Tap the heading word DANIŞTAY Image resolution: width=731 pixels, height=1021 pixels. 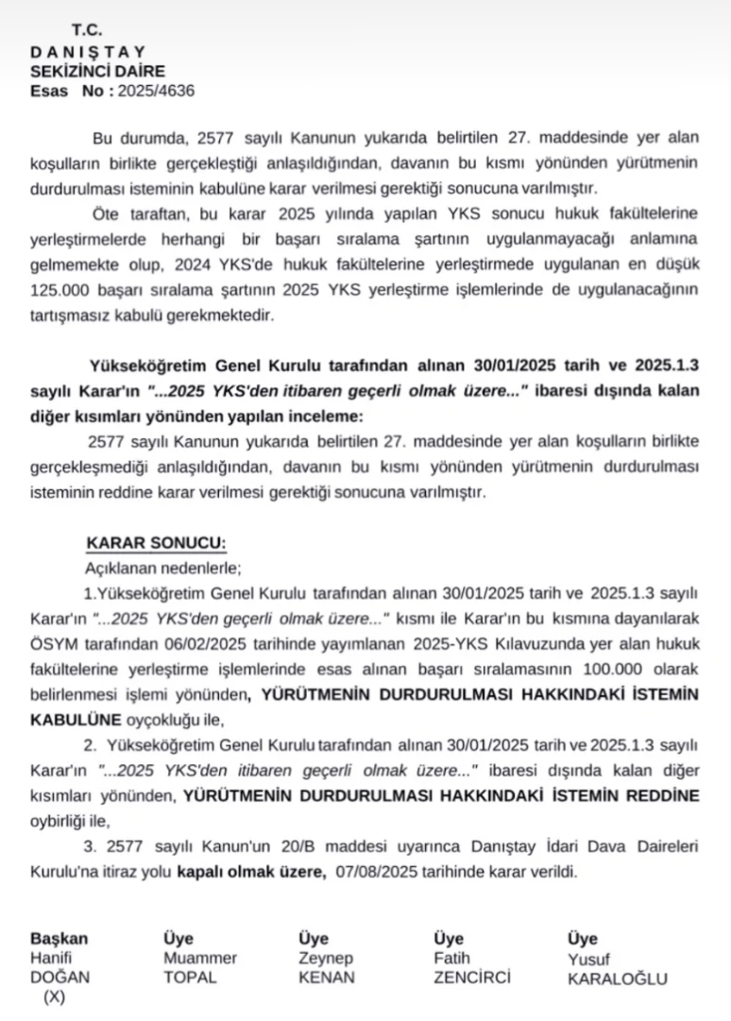[88, 52]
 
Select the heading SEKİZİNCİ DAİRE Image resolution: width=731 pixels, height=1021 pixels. [97, 71]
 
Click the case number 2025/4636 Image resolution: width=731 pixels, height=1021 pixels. [156, 91]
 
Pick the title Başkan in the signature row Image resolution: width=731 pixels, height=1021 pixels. [59, 939]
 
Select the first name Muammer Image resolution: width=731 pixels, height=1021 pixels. [200, 959]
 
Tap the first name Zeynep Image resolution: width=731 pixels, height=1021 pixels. [325, 959]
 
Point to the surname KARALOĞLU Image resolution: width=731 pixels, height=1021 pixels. [617, 979]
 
